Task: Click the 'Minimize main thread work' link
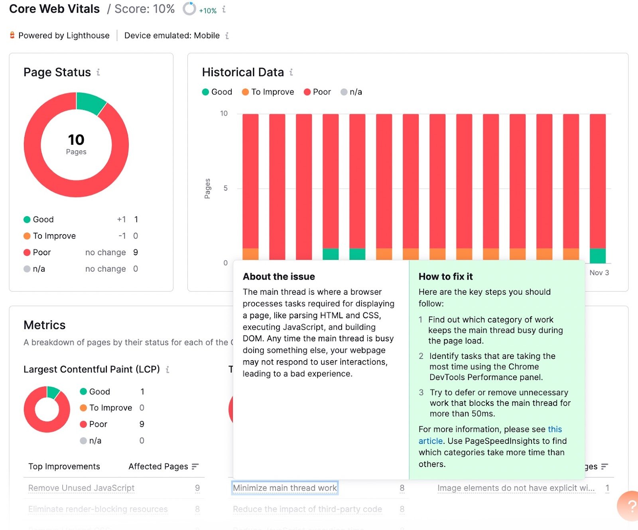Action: pyautogui.click(x=285, y=488)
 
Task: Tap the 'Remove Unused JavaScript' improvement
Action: pyautogui.click(x=81, y=488)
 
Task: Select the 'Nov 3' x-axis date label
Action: pyautogui.click(x=599, y=273)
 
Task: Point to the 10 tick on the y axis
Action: pyautogui.click(x=224, y=113)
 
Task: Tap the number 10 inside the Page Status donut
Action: pyautogui.click(x=76, y=140)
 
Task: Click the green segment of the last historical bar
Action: pyautogui.click(x=597, y=256)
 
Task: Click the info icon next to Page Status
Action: pyautogui.click(x=98, y=72)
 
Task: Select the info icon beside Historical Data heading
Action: pyautogui.click(x=291, y=72)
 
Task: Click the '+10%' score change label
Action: pyautogui.click(x=208, y=11)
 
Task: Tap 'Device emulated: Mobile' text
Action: pyautogui.click(x=172, y=35)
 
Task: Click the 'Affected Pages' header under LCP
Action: pyautogui.click(x=158, y=466)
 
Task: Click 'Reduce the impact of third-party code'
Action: pyautogui.click(x=307, y=509)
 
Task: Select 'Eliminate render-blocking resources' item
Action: pyautogui.click(x=98, y=509)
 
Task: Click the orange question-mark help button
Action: pyautogui.click(x=630, y=506)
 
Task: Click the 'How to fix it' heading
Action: pyautogui.click(x=445, y=276)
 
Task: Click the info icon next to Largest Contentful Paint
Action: pyautogui.click(x=167, y=370)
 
